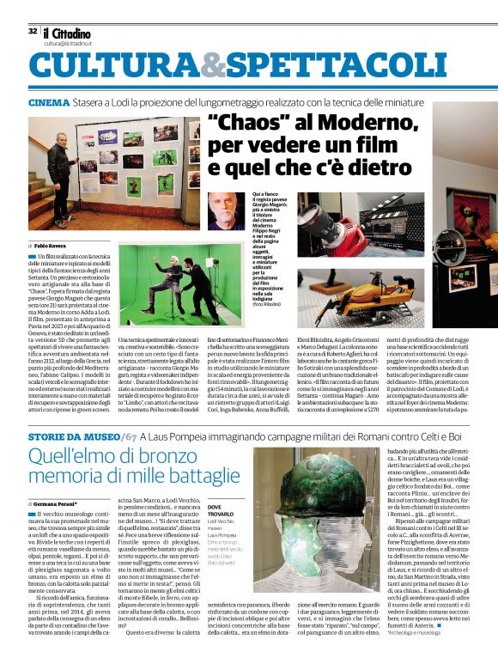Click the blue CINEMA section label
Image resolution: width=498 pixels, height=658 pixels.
point(49,102)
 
